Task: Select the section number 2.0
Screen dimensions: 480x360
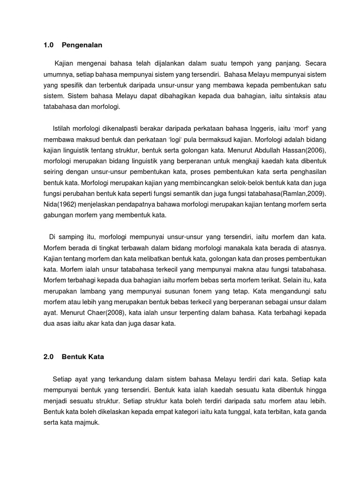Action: [49, 357]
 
